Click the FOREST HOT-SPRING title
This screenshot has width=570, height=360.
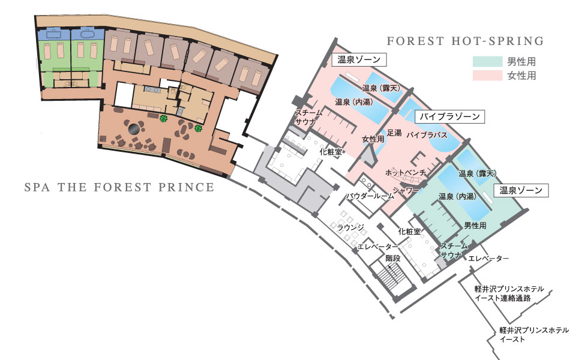pyautogui.click(x=465, y=41)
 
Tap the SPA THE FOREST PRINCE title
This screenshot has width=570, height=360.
pyautogui.click(x=119, y=187)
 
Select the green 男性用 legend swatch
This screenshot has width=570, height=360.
pyautogui.click(x=487, y=61)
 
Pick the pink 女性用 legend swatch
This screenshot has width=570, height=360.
pyautogui.click(x=487, y=75)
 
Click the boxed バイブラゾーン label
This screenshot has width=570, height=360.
pyautogui.click(x=449, y=116)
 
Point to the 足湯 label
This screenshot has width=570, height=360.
pyautogui.click(x=394, y=133)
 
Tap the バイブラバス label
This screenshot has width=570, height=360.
pyautogui.click(x=427, y=135)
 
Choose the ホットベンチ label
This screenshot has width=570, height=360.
pyautogui.click(x=406, y=172)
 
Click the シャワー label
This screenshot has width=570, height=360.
pyautogui.click(x=406, y=190)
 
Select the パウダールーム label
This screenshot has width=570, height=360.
pyautogui.click(x=370, y=196)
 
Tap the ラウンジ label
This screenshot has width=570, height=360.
pyautogui.click(x=351, y=227)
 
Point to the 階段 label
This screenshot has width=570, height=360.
pyautogui.click(x=393, y=258)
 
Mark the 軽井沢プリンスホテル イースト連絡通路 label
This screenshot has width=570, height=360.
pyautogui.click(x=509, y=293)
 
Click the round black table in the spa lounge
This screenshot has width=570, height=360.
pyautogui.click(x=134, y=129)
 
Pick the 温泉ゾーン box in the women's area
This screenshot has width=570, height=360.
pyautogui.click(x=359, y=59)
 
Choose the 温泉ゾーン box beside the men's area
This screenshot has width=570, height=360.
pyautogui.click(x=521, y=190)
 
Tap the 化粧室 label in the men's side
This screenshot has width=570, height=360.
pyautogui.click(x=409, y=231)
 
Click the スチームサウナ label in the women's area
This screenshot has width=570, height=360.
pyautogui.click(x=308, y=117)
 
